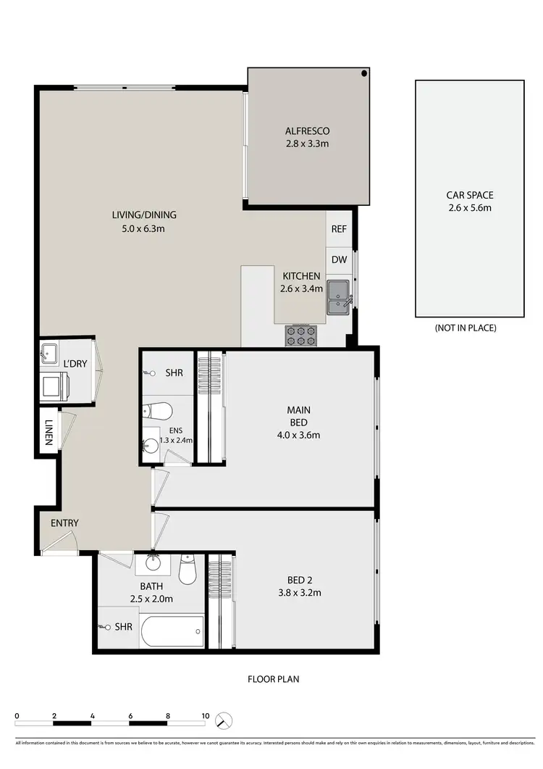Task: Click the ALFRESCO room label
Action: (x=307, y=131)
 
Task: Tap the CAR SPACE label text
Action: (x=469, y=195)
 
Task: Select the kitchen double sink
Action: (x=339, y=298)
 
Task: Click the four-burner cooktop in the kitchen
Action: (x=301, y=335)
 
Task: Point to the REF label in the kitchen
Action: (x=339, y=228)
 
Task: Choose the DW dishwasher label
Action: (x=339, y=259)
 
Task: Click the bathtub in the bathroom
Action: (x=172, y=632)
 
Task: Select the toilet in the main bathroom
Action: (x=188, y=571)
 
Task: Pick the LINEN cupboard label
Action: (x=49, y=433)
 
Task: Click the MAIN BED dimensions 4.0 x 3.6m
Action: (x=298, y=436)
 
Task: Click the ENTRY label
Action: (x=64, y=523)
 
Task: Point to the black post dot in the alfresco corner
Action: (x=365, y=74)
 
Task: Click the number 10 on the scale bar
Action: (x=206, y=716)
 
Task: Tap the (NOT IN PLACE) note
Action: (x=466, y=328)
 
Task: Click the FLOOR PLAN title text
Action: (x=273, y=679)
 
